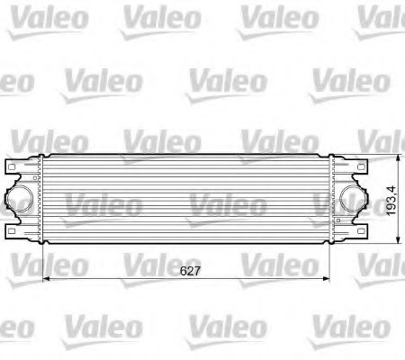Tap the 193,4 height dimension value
coord(391,199)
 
